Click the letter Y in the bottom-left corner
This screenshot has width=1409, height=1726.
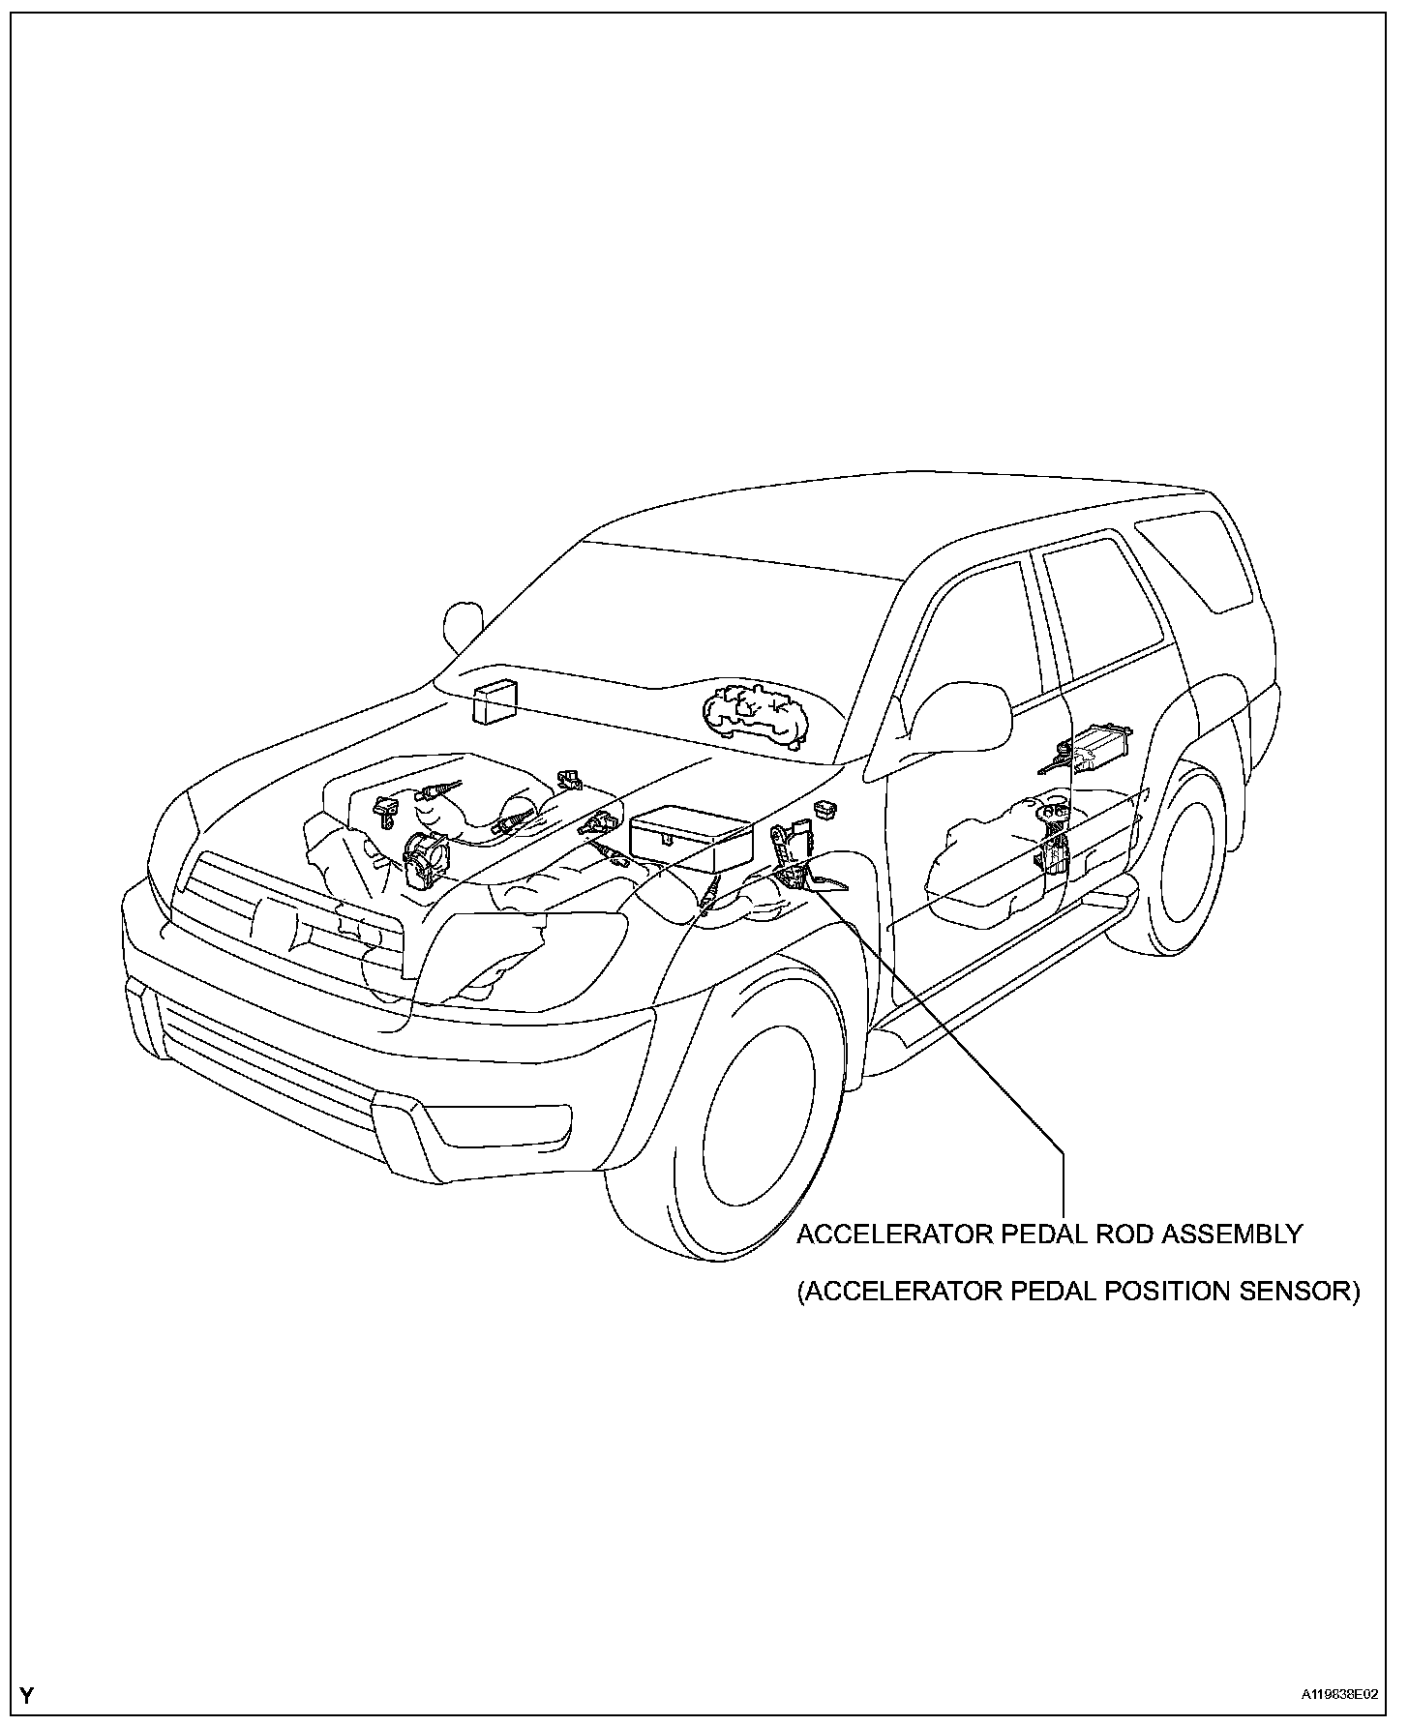coord(27,1695)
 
